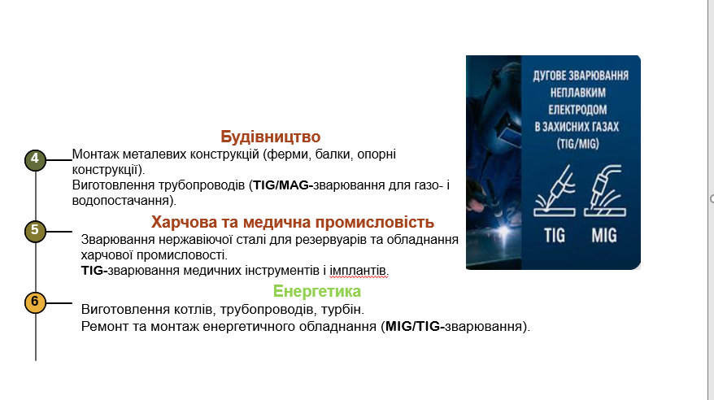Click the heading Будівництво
click(270, 137)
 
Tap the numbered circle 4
click(35, 159)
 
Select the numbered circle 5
click(35, 230)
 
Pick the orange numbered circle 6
click(35, 302)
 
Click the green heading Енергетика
click(317, 291)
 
